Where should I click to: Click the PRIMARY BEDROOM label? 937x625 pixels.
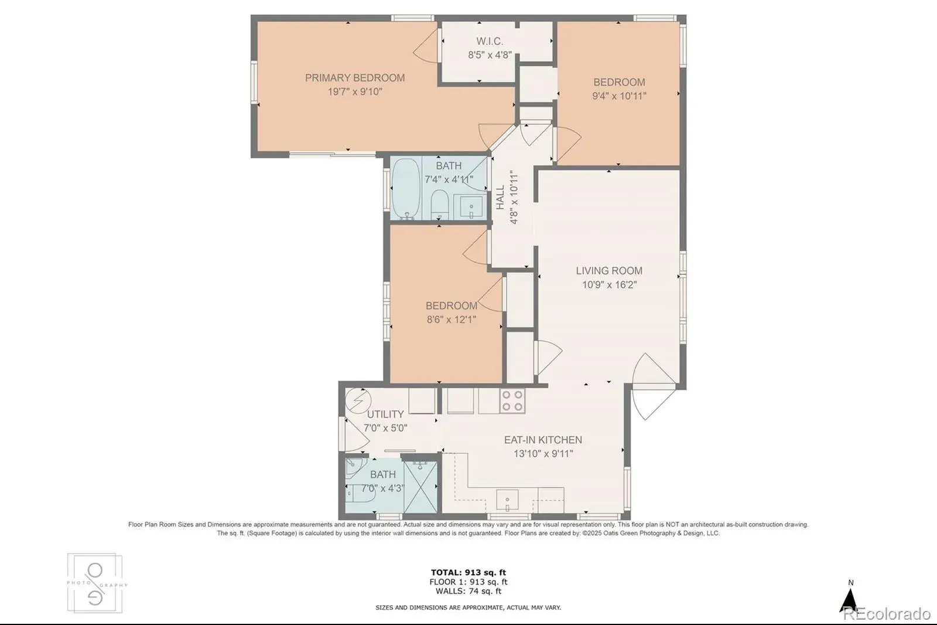pyautogui.click(x=355, y=78)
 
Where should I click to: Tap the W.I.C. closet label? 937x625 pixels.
pyautogui.click(x=490, y=42)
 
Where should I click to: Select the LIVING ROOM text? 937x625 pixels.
pyautogui.click(x=609, y=271)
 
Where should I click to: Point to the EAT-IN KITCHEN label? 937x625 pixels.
pyautogui.click(x=543, y=440)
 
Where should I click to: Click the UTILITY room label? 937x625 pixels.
pyautogui.click(x=385, y=415)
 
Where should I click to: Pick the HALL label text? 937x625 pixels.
pyautogui.click(x=500, y=198)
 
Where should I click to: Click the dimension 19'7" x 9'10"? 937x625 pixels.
pyautogui.click(x=355, y=91)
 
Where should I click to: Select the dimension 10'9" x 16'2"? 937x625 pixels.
pyautogui.click(x=609, y=285)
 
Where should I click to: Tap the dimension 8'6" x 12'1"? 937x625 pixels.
pyautogui.click(x=452, y=320)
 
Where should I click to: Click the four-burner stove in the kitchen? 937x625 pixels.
pyautogui.click(x=513, y=401)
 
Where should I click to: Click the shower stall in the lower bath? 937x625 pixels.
pyautogui.click(x=420, y=487)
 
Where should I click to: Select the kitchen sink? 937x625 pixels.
pyautogui.click(x=507, y=500)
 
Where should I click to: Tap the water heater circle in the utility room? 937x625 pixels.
pyautogui.click(x=358, y=401)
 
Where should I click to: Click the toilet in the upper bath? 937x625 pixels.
pyautogui.click(x=440, y=205)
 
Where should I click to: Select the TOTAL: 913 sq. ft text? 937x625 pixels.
pyautogui.click(x=468, y=572)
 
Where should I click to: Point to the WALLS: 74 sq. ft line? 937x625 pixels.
pyautogui.click(x=468, y=591)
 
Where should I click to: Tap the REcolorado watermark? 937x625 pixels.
pyautogui.click(x=887, y=614)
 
